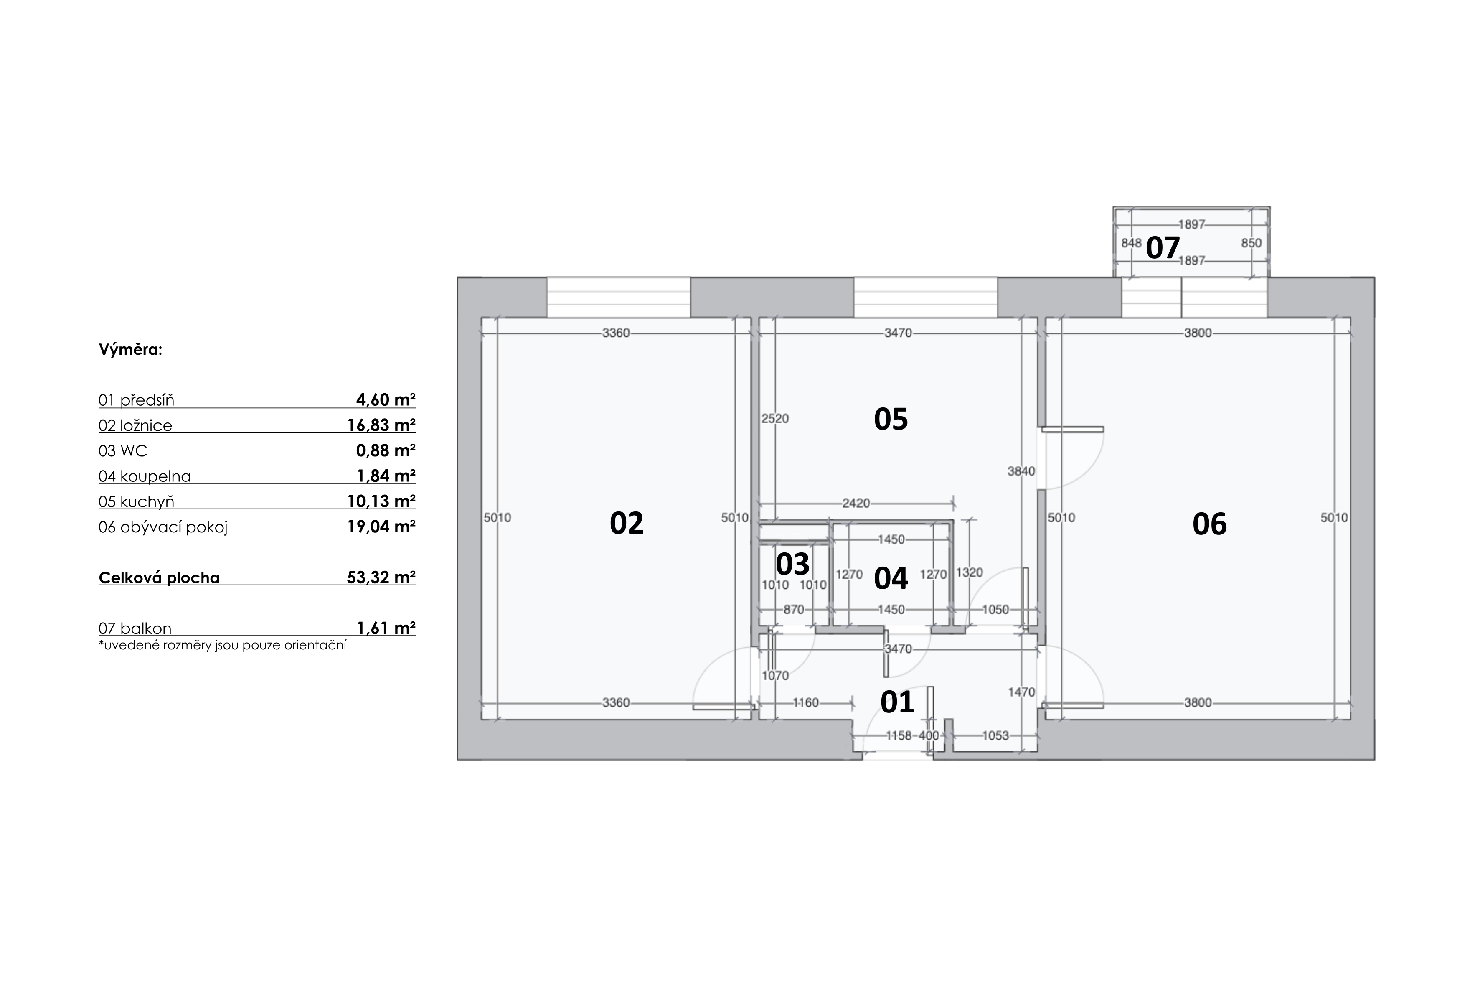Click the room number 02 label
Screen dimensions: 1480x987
pyautogui.click(x=626, y=524)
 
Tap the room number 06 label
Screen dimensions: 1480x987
pyautogui.click(x=1209, y=524)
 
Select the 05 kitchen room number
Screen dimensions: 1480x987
pyautogui.click(x=891, y=419)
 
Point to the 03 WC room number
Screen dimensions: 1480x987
pyautogui.click(x=792, y=564)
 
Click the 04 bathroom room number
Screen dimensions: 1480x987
pyautogui.click(x=891, y=578)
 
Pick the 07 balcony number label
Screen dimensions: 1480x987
pyautogui.click(x=1163, y=247)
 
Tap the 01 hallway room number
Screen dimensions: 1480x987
pyautogui.click(x=897, y=702)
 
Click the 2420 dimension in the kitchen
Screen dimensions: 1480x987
pyautogui.click(x=856, y=503)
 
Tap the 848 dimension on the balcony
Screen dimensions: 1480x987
pyautogui.click(x=1131, y=243)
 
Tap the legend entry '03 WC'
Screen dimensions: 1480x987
pyautogui.click(x=123, y=451)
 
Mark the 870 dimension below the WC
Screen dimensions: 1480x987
pyautogui.click(x=794, y=609)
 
